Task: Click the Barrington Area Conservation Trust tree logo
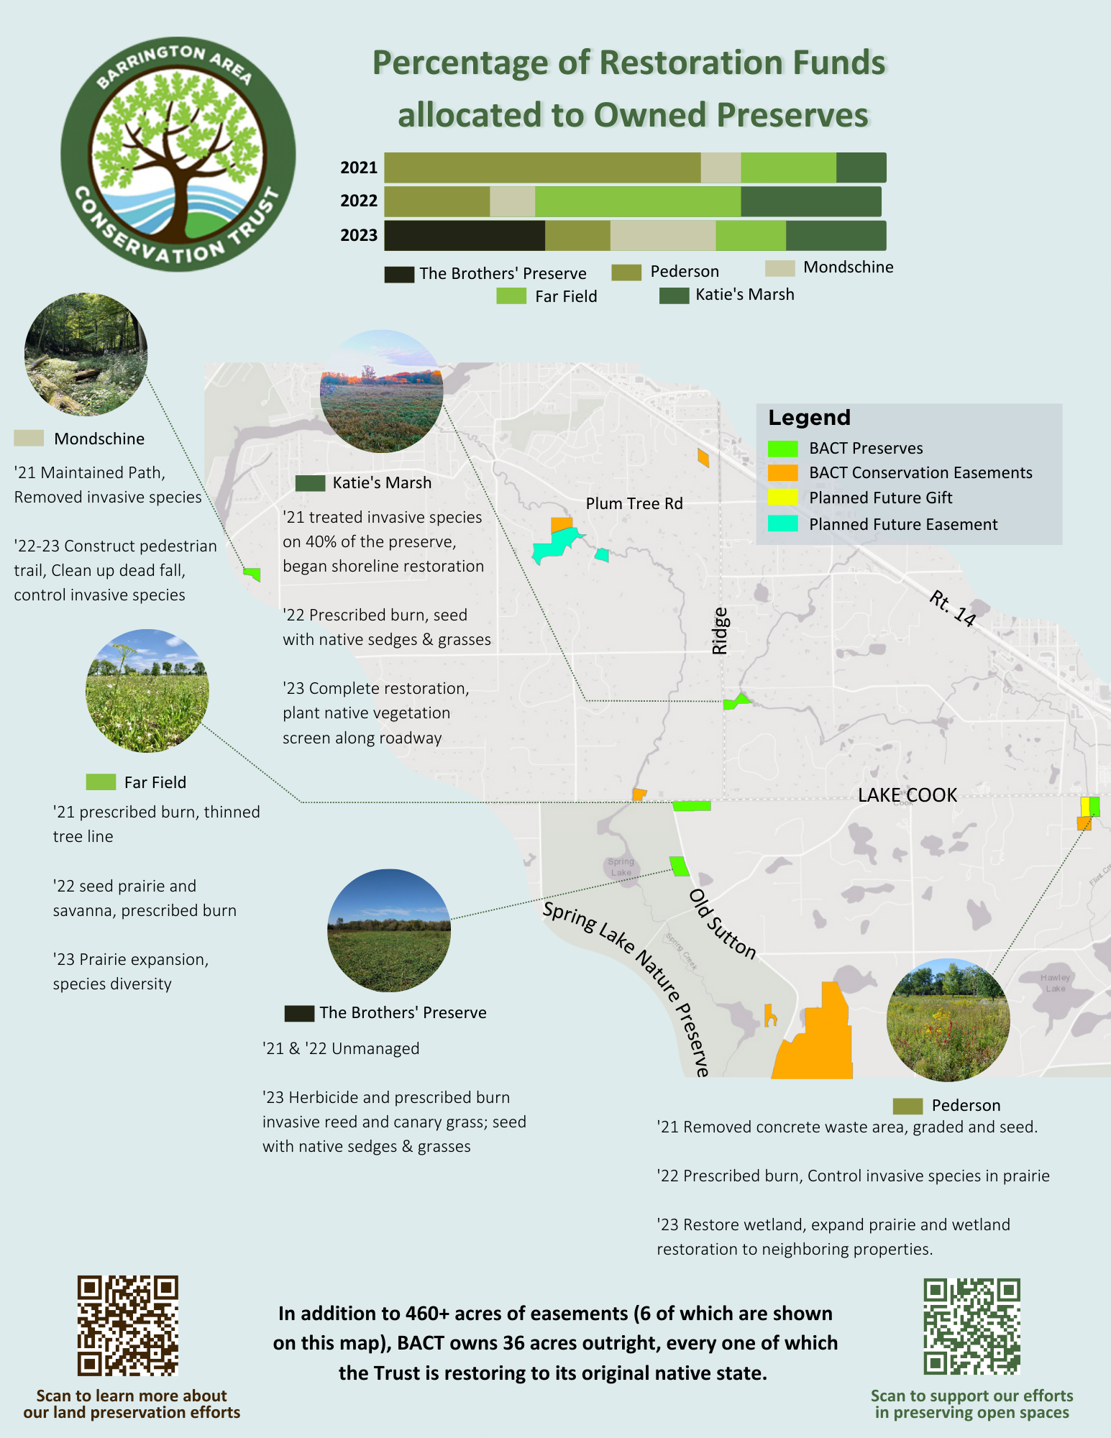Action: [x=178, y=155]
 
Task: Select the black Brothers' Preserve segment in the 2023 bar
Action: [x=465, y=236]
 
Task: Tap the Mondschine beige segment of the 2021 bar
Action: [x=721, y=168]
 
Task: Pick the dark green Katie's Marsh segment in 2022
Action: [x=811, y=201]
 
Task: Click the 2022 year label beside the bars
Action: [x=359, y=201]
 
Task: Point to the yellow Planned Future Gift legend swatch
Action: [x=782, y=497]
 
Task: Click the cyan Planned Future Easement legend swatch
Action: [x=782, y=523]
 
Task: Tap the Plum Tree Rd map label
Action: [x=634, y=503]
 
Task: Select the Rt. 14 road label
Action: [x=952, y=609]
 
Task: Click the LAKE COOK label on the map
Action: [x=907, y=795]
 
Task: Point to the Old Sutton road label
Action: [x=723, y=924]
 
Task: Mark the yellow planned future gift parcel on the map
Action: [x=1085, y=807]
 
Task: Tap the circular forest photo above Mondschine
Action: [x=86, y=354]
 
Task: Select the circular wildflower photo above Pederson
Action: [x=948, y=1020]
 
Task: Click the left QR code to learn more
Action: [x=127, y=1326]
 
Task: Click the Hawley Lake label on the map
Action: [x=1055, y=983]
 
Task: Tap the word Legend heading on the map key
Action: [x=809, y=418]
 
